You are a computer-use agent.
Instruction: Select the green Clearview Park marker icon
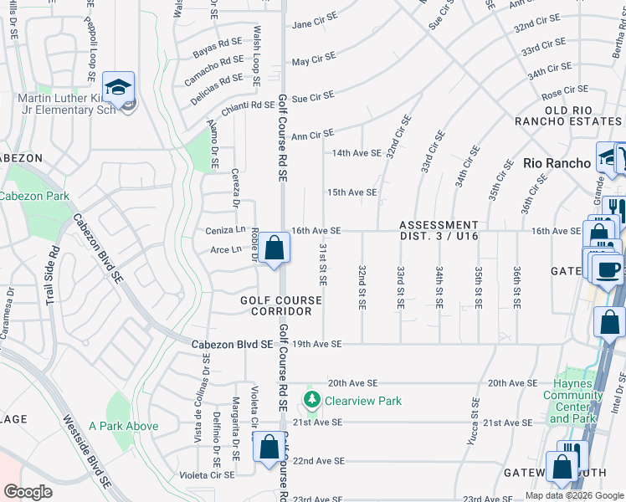(312, 400)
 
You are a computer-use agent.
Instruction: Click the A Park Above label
(123, 426)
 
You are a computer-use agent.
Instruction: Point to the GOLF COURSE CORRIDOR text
(281, 305)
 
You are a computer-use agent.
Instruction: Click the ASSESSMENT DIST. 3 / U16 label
(439, 231)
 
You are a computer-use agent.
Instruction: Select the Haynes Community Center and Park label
(572, 401)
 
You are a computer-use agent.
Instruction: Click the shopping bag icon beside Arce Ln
(274, 248)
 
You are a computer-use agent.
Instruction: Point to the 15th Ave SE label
(351, 192)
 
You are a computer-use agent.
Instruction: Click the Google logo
(28, 492)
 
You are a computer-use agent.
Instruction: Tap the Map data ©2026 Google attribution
(573, 495)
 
